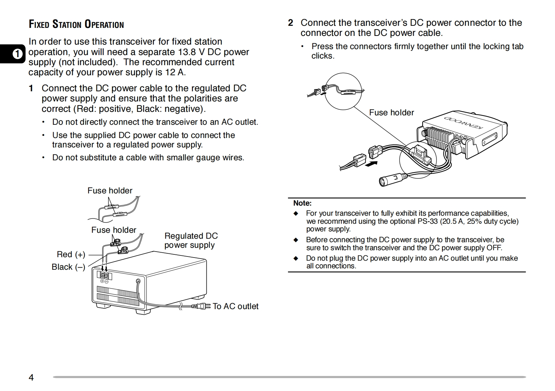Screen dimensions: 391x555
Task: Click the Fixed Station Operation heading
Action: click(x=76, y=24)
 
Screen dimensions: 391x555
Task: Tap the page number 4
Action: click(x=31, y=377)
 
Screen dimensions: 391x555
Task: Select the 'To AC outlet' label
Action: click(x=235, y=306)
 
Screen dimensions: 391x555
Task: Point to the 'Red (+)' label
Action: click(x=71, y=254)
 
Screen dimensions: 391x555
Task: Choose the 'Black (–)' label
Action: click(x=68, y=267)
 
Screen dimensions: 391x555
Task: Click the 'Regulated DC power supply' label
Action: click(x=191, y=240)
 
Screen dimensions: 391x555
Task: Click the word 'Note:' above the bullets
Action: click(x=302, y=203)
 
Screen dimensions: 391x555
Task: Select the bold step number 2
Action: click(x=290, y=23)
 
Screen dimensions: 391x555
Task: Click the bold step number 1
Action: click(x=31, y=89)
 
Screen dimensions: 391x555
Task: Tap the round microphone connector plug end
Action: click(x=383, y=182)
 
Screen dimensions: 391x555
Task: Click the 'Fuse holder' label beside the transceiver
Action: click(x=391, y=113)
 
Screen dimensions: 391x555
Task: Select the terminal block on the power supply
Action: click(x=104, y=275)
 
